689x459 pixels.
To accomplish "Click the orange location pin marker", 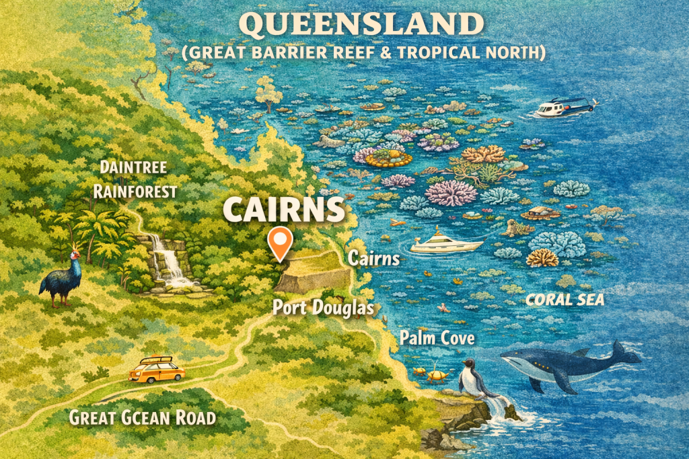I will [x=279, y=241].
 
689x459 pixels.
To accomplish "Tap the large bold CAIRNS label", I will [x=283, y=210].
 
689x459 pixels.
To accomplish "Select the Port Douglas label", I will [x=323, y=308].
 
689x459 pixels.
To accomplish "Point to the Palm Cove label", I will [x=437, y=338].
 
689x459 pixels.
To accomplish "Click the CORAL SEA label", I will [x=565, y=300].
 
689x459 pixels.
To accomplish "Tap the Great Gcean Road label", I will [x=142, y=418].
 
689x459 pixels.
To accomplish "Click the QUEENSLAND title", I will [x=361, y=26].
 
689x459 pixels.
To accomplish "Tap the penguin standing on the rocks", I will [x=469, y=379].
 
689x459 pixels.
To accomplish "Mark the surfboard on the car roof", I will [x=155, y=360].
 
